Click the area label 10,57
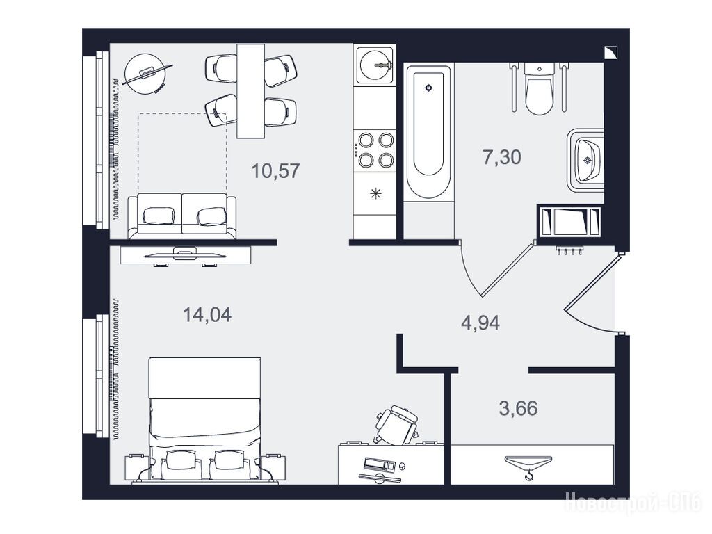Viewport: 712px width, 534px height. (275, 171)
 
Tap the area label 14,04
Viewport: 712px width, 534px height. (207, 314)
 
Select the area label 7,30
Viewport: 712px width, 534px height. (502, 158)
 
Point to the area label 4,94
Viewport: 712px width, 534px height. (480, 323)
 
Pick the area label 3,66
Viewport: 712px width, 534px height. (518, 408)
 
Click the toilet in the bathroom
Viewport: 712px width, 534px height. (539, 88)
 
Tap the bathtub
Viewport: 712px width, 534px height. (429, 131)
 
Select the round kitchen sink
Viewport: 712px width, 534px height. (374, 65)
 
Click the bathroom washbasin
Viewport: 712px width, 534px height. (586, 160)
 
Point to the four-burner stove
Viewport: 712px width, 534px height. (375, 149)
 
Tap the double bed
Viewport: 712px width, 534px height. (205, 419)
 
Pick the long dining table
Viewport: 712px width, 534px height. (250, 91)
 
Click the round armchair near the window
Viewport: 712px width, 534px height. (145, 74)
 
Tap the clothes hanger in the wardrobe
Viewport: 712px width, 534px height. (528, 467)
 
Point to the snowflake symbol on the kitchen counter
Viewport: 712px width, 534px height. (375, 194)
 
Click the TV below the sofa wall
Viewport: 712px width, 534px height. (185, 255)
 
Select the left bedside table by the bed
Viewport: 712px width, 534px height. (138, 467)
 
